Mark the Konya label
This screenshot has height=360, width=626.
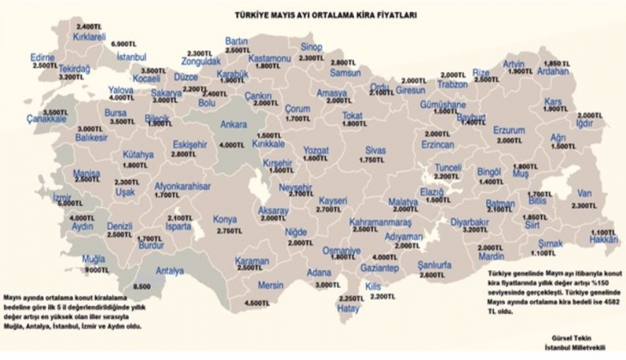(x=226, y=219)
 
